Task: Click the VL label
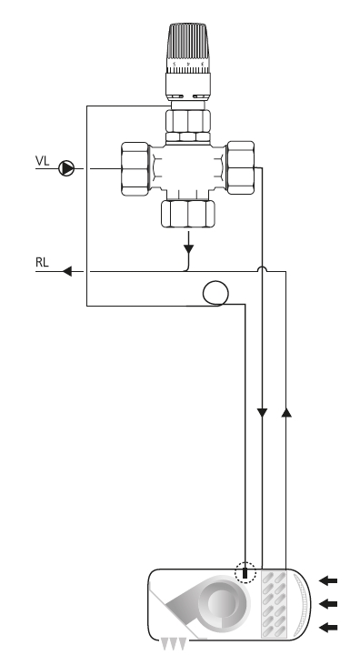tap(42, 161)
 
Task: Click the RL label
tap(42, 263)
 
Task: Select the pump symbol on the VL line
tap(66, 168)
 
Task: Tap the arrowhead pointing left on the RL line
tap(67, 271)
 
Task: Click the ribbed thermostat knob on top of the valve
tap(188, 47)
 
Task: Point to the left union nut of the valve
tap(135, 169)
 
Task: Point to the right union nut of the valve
tap(240, 168)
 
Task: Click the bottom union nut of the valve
tap(188, 214)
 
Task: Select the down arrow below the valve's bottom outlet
tap(188, 243)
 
